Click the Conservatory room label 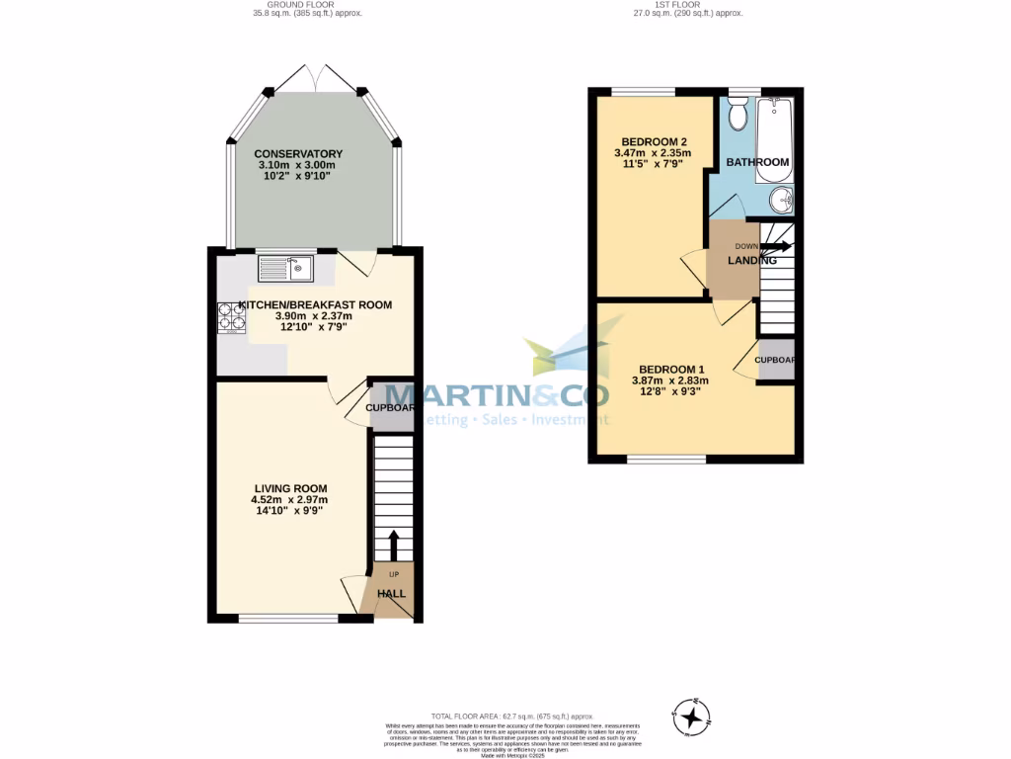pos(298,154)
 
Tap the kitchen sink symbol pos(284,267)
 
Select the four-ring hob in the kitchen pos(232,315)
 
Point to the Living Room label pos(290,488)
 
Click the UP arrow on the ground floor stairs pos(393,545)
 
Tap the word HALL pos(392,593)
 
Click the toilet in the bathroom pos(738,117)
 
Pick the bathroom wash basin pos(782,199)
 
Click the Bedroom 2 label pos(653,140)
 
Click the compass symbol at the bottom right pos(691,715)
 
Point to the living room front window pos(289,620)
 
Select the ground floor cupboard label pos(390,407)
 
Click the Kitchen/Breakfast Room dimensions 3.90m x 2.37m pos(306,317)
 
